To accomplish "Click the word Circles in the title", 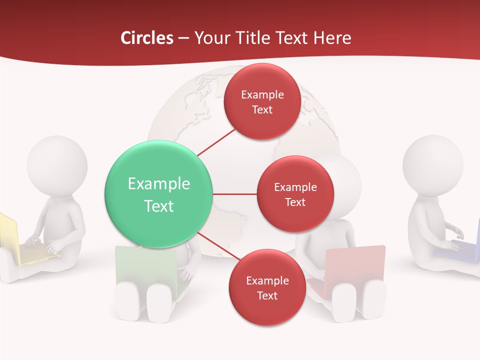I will pos(146,38).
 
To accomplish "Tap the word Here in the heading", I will pos(332,38).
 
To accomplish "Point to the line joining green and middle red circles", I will pos(234,194).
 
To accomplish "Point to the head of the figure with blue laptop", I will pos(433,165).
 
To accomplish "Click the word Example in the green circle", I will pos(158,183).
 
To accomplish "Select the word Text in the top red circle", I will pos(262,110).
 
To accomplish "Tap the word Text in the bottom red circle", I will pos(267,296).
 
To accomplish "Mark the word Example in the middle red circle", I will pos(295,187).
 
